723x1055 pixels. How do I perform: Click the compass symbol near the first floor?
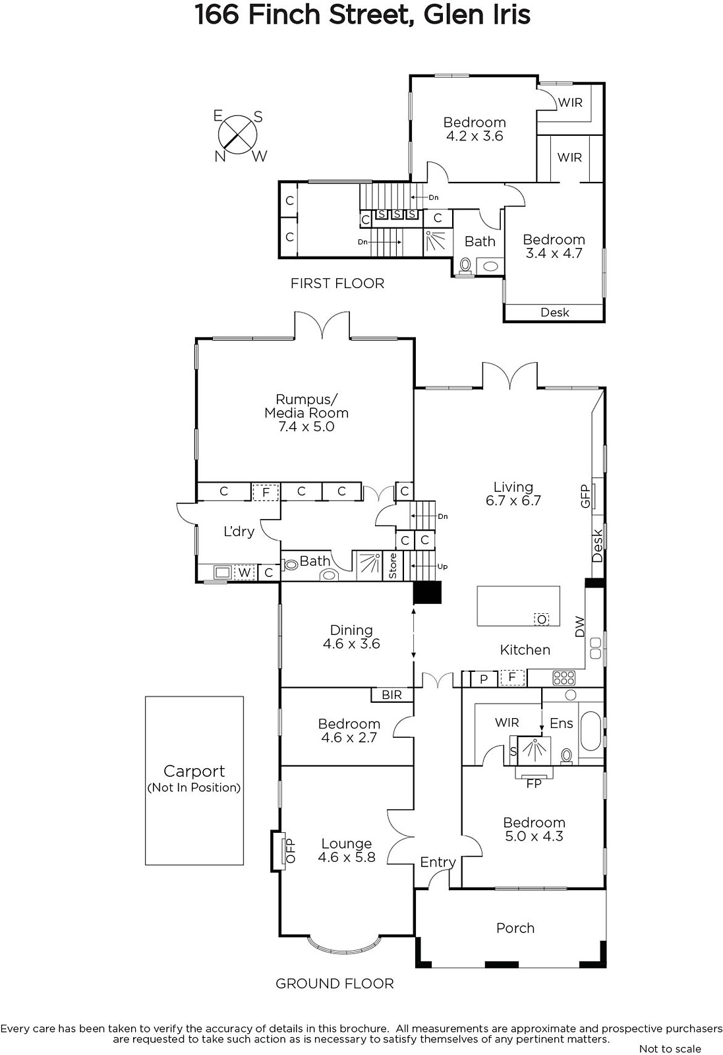point(238,136)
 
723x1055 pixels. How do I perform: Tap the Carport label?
point(194,771)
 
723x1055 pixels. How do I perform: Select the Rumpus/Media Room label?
point(306,406)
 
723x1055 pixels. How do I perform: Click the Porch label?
point(515,928)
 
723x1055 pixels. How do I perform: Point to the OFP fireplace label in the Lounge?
point(291,850)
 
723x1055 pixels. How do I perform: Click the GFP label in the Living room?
point(585,496)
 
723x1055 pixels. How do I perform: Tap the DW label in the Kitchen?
point(579,627)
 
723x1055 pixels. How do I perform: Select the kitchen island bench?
point(518,606)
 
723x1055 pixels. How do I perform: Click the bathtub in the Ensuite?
point(591,731)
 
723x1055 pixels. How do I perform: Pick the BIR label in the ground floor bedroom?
point(391,695)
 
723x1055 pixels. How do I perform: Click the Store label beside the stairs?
point(393,566)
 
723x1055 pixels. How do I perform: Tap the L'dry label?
point(239,531)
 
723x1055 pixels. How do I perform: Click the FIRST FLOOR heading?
point(337,284)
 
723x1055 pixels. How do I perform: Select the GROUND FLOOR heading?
point(334,983)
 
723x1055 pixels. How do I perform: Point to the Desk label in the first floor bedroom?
point(555,313)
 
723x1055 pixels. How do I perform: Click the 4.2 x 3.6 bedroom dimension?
point(475,136)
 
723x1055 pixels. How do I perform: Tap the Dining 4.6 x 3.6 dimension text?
point(351,644)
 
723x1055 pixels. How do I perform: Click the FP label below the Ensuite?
point(534,783)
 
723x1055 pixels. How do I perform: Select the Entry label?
point(438,862)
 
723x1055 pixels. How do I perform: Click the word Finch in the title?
point(285,15)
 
